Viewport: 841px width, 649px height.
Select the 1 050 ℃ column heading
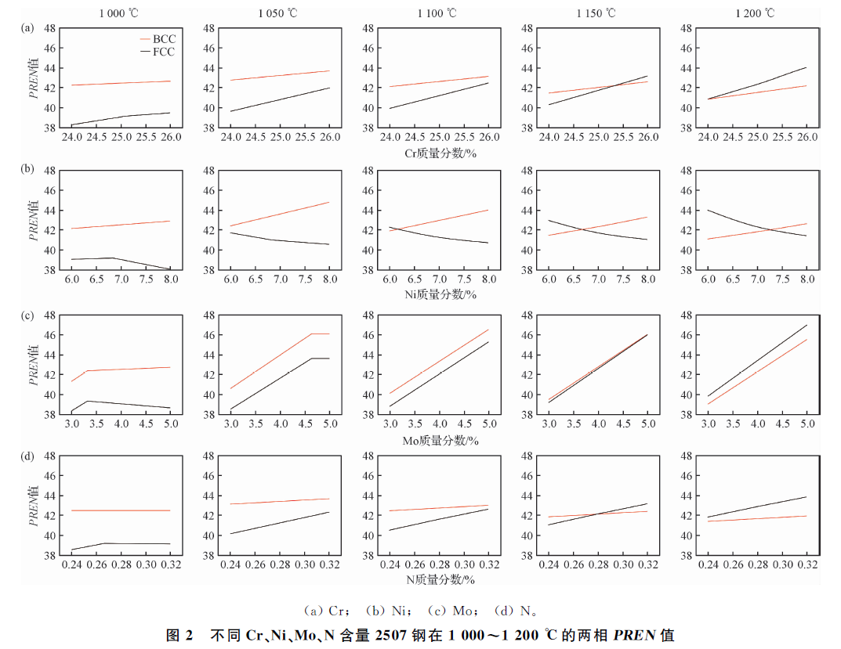pyautogui.click(x=279, y=13)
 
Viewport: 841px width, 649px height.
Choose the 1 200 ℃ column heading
pyautogui.click(x=757, y=13)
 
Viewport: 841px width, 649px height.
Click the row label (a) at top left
pyautogui.click(x=27, y=27)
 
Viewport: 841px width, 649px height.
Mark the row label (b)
pyautogui.click(x=27, y=169)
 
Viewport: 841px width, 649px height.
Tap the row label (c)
pyautogui.click(x=27, y=315)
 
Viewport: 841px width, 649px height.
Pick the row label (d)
pyautogui.click(x=27, y=456)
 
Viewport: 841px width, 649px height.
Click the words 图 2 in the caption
pyautogui.click(x=178, y=634)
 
